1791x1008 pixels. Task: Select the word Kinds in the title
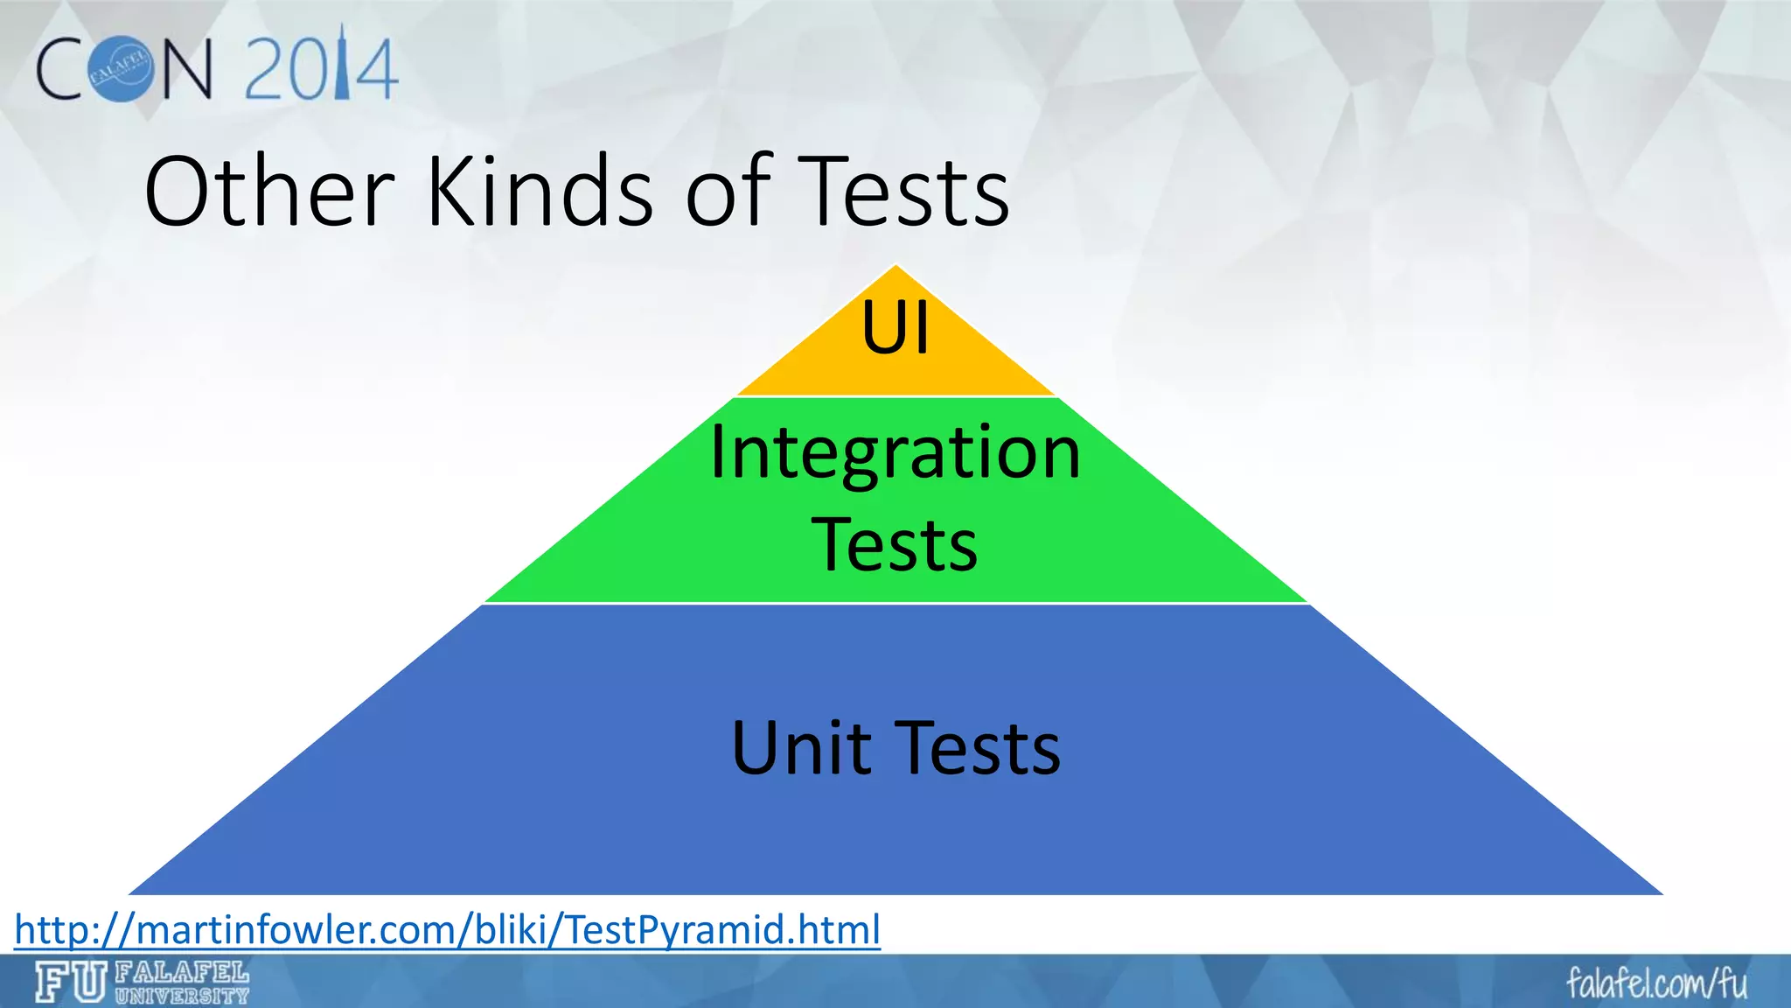[540, 192]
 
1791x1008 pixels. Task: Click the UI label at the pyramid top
[895, 328]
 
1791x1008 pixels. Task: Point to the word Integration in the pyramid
[895, 453]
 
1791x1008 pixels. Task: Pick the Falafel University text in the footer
[182, 983]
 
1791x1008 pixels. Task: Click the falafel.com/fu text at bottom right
[1656, 983]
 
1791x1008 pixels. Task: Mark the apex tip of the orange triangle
[895, 266]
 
